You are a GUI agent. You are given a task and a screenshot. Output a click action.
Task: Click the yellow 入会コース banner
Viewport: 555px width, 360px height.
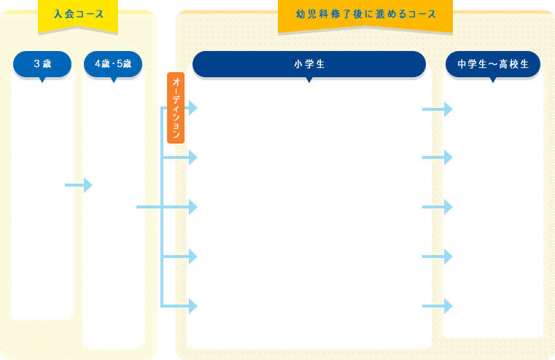[78, 16]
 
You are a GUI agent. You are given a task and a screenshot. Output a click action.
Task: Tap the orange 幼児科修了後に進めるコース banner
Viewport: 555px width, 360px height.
[365, 16]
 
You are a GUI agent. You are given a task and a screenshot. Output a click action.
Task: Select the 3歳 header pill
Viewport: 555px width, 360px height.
[42, 65]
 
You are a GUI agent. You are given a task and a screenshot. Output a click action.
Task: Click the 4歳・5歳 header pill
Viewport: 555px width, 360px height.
[113, 65]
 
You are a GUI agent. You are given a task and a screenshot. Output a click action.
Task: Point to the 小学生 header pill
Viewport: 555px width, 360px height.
[309, 65]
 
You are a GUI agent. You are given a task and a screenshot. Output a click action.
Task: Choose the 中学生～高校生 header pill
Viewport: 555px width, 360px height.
[493, 65]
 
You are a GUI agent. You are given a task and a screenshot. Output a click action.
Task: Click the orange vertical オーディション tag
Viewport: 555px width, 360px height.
[176, 108]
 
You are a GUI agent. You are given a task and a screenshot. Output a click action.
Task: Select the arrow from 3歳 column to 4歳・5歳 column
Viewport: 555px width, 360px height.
[79, 185]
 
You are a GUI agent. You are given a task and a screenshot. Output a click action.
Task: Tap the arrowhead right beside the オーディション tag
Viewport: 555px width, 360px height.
[193, 108]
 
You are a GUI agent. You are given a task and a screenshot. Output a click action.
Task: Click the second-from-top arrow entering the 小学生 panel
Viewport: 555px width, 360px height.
[179, 157]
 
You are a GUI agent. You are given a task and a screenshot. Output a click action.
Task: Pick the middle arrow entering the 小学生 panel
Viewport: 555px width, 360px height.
[179, 207]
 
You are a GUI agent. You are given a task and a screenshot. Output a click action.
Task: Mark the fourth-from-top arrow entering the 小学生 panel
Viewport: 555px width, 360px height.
[179, 257]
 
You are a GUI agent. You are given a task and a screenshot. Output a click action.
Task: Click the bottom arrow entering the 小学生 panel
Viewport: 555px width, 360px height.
[179, 306]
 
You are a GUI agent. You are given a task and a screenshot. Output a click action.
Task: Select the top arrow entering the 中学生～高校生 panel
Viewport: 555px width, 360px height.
[438, 109]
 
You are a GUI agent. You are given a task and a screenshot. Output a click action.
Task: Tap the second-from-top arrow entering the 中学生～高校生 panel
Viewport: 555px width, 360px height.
[438, 157]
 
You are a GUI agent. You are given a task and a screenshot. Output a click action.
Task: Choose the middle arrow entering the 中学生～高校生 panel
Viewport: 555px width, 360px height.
[438, 207]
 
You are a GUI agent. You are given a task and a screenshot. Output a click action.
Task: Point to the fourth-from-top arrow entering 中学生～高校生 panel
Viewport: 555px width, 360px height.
[438, 257]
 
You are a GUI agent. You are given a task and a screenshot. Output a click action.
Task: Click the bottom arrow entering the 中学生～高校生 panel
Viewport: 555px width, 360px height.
[438, 306]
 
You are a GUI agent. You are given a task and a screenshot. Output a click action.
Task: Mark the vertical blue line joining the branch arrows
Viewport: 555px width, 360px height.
[162, 207]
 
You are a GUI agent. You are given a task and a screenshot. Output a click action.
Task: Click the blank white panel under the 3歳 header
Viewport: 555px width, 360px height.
[42, 198]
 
